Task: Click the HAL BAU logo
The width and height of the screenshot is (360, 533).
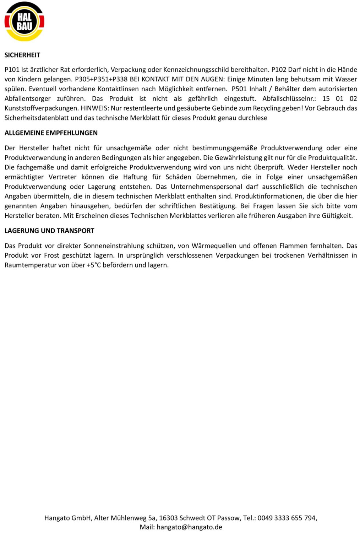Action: pos(24,21)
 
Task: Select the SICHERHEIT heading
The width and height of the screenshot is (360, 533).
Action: pos(22,55)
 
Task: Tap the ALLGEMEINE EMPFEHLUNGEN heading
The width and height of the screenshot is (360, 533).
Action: pos(51,133)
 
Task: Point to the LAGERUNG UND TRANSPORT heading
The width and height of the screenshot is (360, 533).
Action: pos(49,231)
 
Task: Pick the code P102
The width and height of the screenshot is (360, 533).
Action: pos(279,70)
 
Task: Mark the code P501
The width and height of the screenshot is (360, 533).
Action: pos(239,89)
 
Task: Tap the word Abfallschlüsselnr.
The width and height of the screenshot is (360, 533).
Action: pos(289,98)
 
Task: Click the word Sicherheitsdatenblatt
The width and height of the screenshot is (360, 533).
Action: pos(37,118)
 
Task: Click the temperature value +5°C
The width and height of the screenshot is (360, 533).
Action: pos(94,265)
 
